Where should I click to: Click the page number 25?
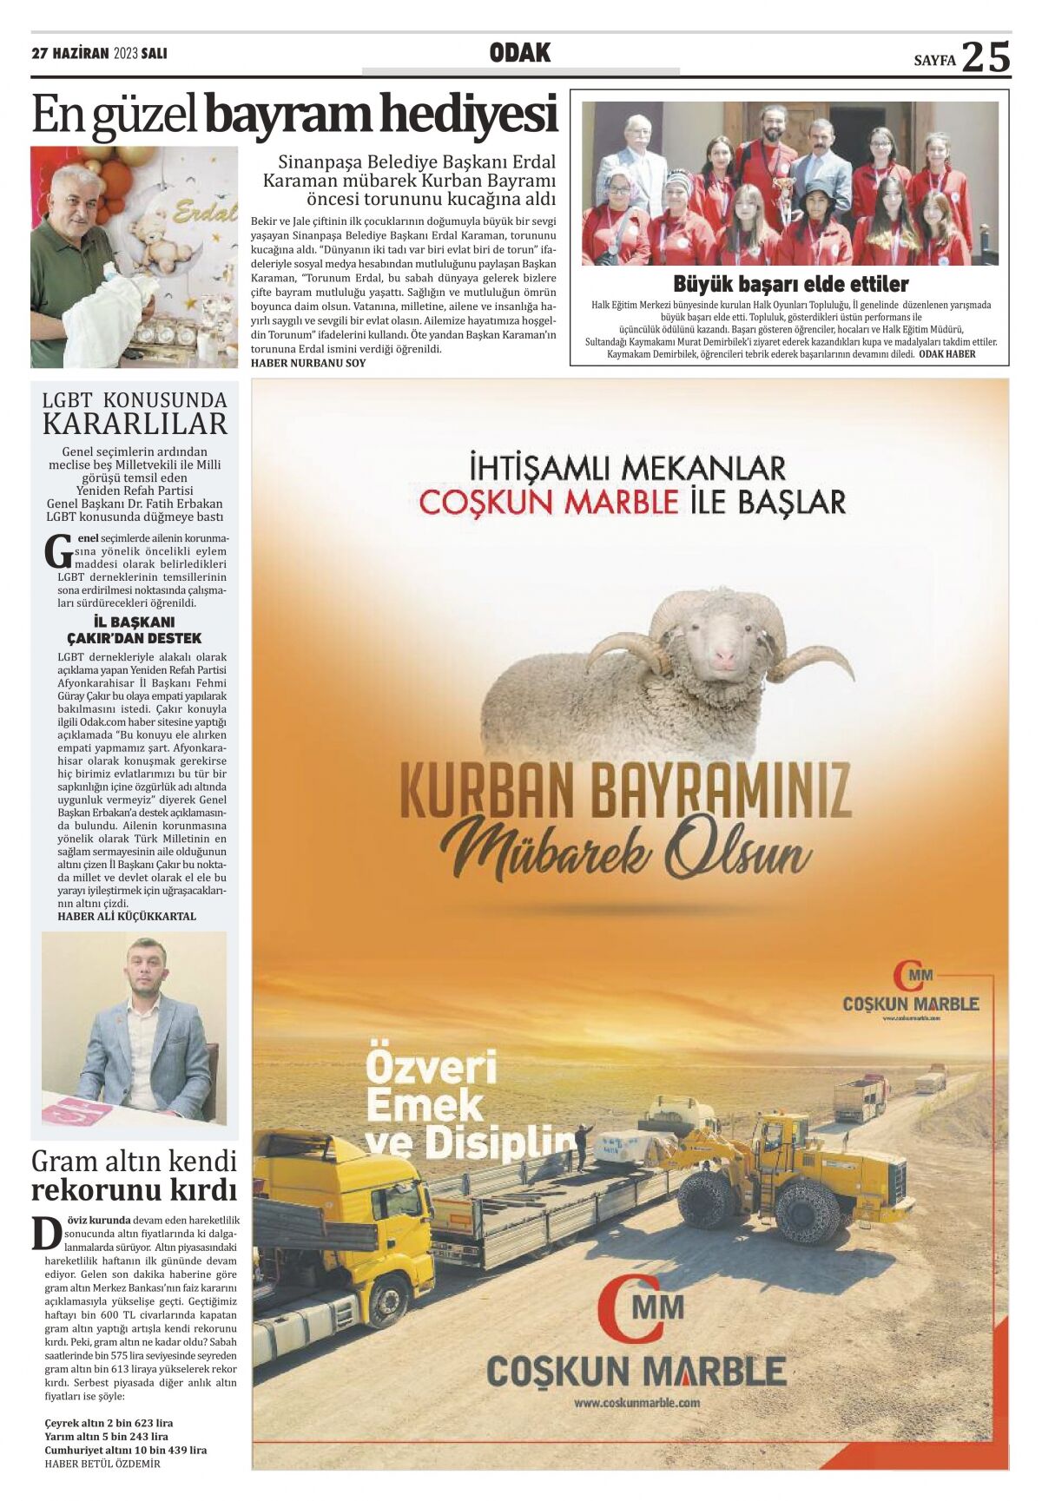pyautogui.click(x=986, y=57)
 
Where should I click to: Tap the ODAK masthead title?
pyautogui.click(x=520, y=54)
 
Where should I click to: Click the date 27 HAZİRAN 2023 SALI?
pyautogui.click(x=99, y=54)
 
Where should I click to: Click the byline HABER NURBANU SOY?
pyautogui.click(x=308, y=363)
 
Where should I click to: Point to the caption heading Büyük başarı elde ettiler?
pyautogui.click(x=790, y=284)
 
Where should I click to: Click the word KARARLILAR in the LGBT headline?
pyautogui.click(x=135, y=425)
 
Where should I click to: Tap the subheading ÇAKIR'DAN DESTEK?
pyautogui.click(x=135, y=638)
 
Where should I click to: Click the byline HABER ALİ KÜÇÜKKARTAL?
pyautogui.click(x=127, y=916)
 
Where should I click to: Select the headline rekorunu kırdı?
pyautogui.click(x=135, y=1188)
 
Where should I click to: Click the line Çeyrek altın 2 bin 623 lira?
pyautogui.click(x=109, y=1423)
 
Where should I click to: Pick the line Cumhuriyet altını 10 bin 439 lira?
pyautogui.click(x=126, y=1450)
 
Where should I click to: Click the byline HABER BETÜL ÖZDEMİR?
pyautogui.click(x=102, y=1464)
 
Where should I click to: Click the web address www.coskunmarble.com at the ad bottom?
pyautogui.click(x=636, y=1402)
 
